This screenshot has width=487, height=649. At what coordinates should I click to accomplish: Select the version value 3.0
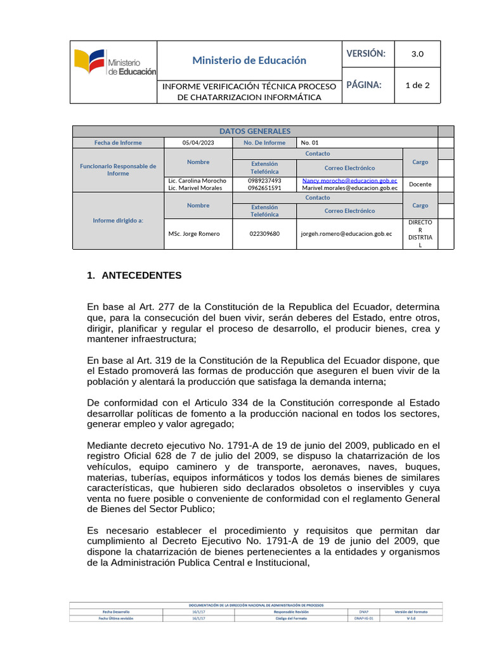[417, 54]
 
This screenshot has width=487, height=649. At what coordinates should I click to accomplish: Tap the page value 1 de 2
[417, 85]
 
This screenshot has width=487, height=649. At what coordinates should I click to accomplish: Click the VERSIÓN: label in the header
[366, 54]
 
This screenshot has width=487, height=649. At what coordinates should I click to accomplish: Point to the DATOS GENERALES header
[254, 131]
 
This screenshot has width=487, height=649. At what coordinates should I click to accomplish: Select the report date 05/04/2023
[198, 143]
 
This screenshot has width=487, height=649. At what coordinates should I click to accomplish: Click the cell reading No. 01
[310, 143]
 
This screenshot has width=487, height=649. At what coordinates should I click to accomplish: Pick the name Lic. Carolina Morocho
[197, 181]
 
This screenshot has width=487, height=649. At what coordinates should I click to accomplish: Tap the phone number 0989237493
[264, 181]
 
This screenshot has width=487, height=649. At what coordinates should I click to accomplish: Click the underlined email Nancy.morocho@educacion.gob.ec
[349, 181]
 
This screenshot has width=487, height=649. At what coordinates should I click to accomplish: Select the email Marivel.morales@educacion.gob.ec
[349, 188]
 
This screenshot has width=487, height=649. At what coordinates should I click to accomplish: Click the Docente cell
[420, 184]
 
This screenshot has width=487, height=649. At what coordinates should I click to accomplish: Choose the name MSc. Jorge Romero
[194, 234]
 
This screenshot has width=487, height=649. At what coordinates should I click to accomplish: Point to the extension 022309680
[264, 234]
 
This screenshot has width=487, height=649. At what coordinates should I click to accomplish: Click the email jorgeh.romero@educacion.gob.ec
[346, 234]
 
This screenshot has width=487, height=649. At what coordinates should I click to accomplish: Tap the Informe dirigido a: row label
[118, 221]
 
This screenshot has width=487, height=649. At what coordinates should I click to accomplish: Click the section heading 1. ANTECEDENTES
[134, 276]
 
